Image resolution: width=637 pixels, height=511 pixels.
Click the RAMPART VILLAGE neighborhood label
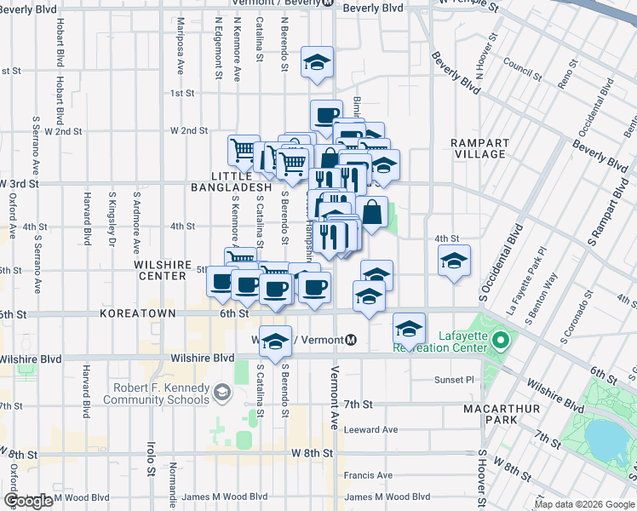481,148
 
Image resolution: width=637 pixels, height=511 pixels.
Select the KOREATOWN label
137,313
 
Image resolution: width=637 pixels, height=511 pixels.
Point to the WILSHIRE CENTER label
160,270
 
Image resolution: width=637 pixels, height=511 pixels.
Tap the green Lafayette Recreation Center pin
502,342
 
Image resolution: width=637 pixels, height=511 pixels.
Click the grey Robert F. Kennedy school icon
222,393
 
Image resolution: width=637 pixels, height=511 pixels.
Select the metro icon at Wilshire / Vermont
351,341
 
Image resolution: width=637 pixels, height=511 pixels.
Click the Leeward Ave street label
371,429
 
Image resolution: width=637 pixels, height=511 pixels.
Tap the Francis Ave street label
368,475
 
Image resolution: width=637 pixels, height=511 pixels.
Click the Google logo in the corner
28,501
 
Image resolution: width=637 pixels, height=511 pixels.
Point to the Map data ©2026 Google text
584,504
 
